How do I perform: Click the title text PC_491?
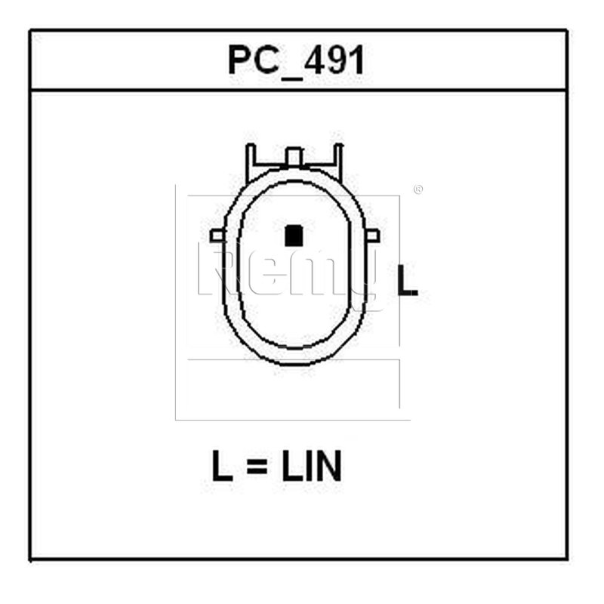tap(296, 60)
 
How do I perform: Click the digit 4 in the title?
tap(316, 60)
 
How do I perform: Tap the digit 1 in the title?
tap(358, 60)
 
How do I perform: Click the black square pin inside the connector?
tap(294, 236)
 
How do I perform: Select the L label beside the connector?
tap(407, 280)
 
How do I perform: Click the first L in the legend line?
tap(222, 466)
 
